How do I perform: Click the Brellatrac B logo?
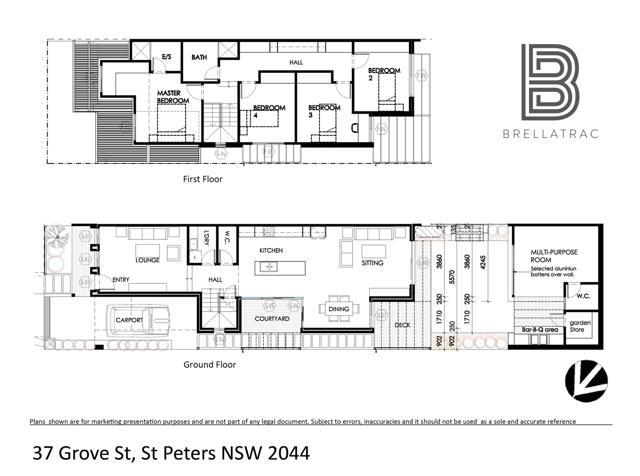(x=550, y=82)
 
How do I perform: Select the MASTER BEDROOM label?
(x=173, y=97)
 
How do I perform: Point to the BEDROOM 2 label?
(x=383, y=74)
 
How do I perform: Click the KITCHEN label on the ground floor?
(x=271, y=250)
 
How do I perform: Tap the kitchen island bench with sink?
(x=280, y=268)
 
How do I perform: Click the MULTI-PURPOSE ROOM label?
(x=554, y=256)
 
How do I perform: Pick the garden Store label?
(x=580, y=326)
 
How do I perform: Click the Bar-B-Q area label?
(x=540, y=330)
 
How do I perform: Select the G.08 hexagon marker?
(x=423, y=263)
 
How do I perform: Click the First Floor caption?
(x=203, y=179)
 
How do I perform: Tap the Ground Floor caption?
(x=210, y=364)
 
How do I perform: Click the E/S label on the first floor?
(x=166, y=57)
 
